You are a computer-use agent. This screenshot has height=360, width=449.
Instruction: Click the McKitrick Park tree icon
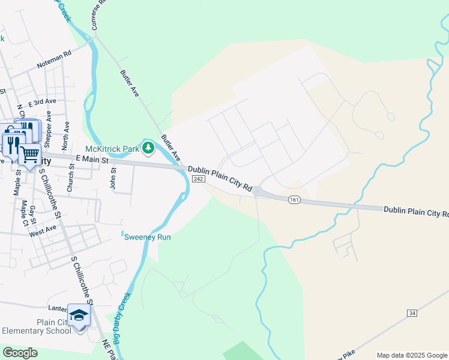(148, 148)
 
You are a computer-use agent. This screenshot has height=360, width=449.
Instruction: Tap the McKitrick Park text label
(112, 148)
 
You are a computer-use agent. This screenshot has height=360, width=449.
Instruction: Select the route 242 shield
(200, 179)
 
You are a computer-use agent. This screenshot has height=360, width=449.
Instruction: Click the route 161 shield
(294, 199)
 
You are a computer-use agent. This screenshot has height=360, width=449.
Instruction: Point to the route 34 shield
(411, 313)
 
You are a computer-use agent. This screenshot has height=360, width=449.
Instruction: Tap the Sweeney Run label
(147, 237)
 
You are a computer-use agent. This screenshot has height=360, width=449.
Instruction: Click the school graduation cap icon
(79, 315)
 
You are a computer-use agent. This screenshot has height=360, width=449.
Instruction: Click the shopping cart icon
(29, 154)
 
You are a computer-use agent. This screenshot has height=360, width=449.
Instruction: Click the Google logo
(20, 353)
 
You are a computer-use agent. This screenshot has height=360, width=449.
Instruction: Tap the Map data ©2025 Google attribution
(412, 355)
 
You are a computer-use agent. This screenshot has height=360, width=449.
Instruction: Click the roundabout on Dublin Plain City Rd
(257, 191)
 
